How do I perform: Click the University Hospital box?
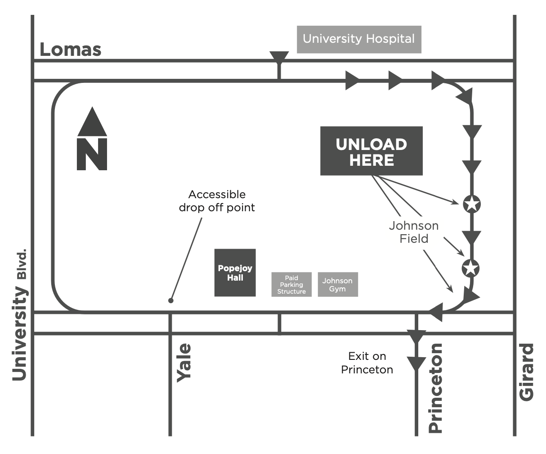click(x=359, y=39)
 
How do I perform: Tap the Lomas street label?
click(x=70, y=49)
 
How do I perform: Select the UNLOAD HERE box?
click(x=371, y=151)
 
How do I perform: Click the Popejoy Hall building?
click(x=235, y=273)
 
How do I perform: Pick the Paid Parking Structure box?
click(x=291, y=285)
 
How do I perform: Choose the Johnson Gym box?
click(x=337, y=285)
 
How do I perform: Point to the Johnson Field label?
click(x=414, y=232)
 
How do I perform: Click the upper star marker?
click(x=471, y=204)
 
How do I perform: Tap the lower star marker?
click(x=470, y=268)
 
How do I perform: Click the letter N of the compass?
click(x=92, y=154)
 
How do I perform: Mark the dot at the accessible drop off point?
click(x=170, y=300)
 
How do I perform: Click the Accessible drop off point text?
click(x=217, y=201)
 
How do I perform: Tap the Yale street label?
click(x=183, y=363)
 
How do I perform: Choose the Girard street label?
click(x=526, y=372)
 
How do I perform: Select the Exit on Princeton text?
click(x=367, y=363)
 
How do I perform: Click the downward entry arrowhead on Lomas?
click(x=279, y=58)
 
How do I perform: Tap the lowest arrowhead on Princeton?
click(x=416, y=363)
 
